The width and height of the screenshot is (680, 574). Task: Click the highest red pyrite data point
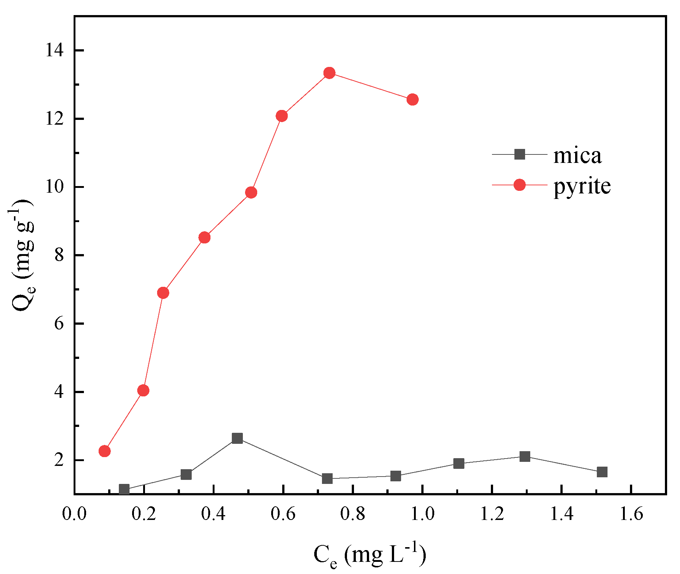tap(329, 73)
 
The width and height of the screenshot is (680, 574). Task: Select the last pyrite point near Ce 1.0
tap(412, 99)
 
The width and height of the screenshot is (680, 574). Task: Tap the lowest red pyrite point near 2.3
tap(105, 451)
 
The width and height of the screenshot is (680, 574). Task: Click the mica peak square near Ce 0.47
tap(237, 438)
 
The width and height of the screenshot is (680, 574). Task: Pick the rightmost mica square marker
tap(602, 472)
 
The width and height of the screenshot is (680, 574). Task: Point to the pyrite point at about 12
tap(281, 116)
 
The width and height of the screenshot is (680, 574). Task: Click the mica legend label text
tap(577, 156)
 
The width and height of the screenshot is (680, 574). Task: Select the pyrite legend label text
tap(582, 186)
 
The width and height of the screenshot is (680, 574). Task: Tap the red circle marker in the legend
tap(519, 185)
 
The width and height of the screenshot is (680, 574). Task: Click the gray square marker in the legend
tap(519, 154)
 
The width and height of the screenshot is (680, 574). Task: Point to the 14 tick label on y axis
tap(54, 50)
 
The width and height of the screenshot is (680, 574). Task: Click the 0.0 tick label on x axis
tap(74, 514)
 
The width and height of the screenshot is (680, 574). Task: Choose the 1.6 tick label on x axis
tap(631, 514)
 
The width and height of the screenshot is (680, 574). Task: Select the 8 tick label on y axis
tap(60, 255)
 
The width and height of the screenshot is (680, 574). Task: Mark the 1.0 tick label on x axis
tap(422, 514)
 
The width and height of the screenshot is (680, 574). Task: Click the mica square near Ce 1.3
tap(525, 456)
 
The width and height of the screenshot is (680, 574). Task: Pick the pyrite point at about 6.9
tap(163, 293)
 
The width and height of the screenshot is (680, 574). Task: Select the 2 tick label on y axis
tap(60, 460)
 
